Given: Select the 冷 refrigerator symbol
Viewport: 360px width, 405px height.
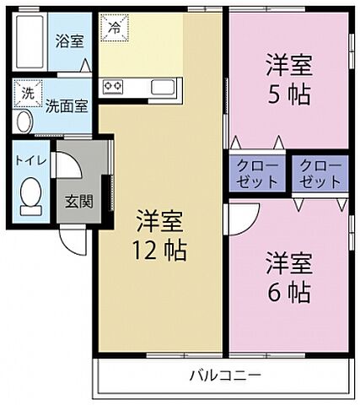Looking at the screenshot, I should (113, 26).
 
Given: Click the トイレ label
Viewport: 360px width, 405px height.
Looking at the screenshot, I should (30, 158).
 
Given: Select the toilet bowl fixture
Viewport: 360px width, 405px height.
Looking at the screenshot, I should (31, 196).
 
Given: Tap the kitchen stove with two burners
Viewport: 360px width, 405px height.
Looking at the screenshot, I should (114, 86).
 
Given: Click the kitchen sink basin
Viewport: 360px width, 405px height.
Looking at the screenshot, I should (163, 86).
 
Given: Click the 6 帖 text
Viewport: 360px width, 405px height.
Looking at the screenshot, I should (289, 292).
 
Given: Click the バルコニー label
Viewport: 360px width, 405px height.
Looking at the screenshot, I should (224, 374).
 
